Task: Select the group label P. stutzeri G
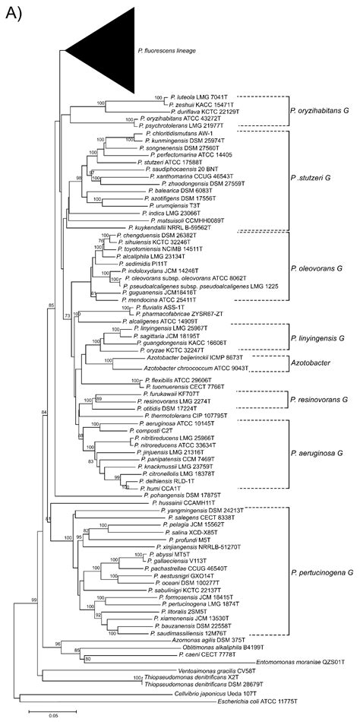tap(311, 178)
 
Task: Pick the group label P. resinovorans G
tap(317, 399)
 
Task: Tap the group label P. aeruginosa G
tap(317, 454)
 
